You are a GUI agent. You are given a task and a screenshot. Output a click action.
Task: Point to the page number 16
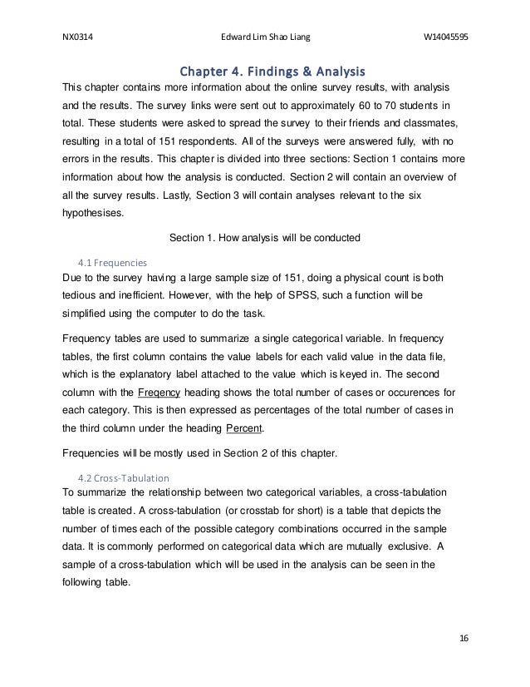pyautogui.click(x=464, y=638)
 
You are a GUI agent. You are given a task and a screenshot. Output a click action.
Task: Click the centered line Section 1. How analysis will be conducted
pyautogui.click(x=264, y=237)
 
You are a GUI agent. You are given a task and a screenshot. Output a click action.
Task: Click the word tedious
pyautogui.click(x=83, y=294)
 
